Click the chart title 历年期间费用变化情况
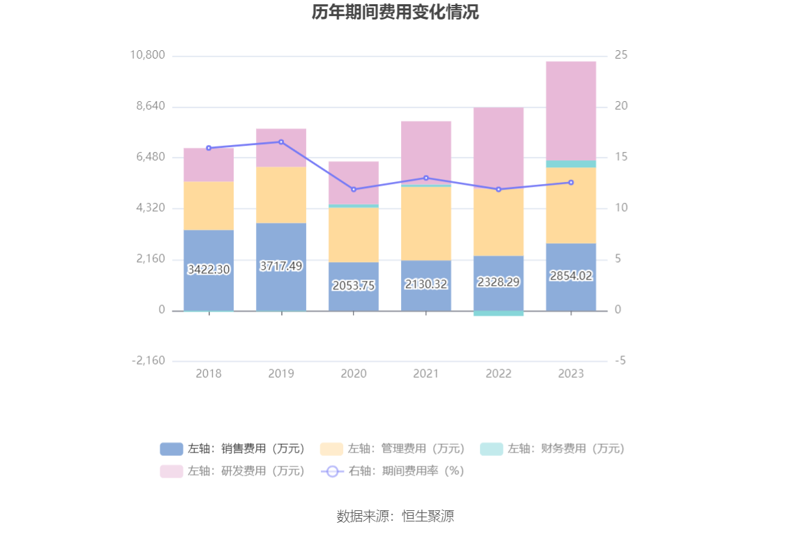[x=395, y=13]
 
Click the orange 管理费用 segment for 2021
[x=425, y=223]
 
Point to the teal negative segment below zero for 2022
[x=498, y=314]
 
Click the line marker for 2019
[x=281, y=142]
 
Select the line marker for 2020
[x=354, y=190]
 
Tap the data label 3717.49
[x=281, y=266]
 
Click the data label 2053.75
[x=354, y=285]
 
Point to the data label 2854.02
[x=571, y=275]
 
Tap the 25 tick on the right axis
[x=621, y=55]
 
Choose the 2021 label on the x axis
[x=425, y=374]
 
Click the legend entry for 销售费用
[x=233, y=449]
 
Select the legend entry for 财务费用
[x=552, y=449]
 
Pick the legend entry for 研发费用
[x=233, y=471]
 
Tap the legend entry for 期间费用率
[x=393, y=471]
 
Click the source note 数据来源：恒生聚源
[x=395, y=517]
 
